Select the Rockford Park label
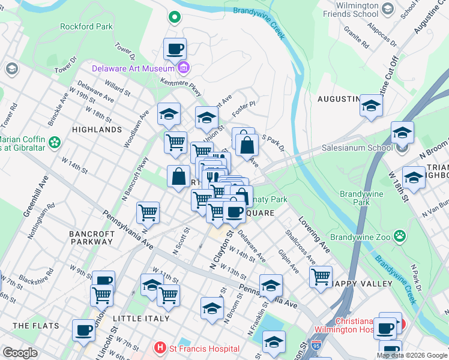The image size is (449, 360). pos(86,26)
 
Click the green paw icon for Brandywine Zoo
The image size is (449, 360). pos(399,235)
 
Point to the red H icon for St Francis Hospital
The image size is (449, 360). pos(160,347)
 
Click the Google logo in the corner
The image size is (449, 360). pos(20,353)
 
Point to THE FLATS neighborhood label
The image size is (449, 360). pos(36,326)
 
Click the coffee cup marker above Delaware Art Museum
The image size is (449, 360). pos(175,48)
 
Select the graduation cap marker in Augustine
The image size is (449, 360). pos(371,106)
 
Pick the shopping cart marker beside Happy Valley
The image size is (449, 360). pos(321,276)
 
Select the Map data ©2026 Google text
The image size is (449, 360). pos(412,355)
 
